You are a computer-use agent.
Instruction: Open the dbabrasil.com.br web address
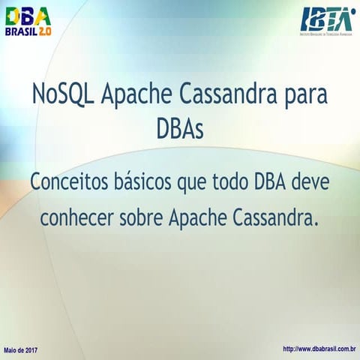pyautogui.click(x=319, y=349)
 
